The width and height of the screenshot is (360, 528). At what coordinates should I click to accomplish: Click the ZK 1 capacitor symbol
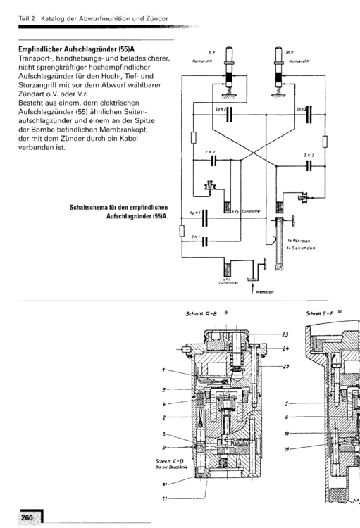204,241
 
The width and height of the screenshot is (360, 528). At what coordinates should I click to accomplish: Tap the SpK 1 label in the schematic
196,213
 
